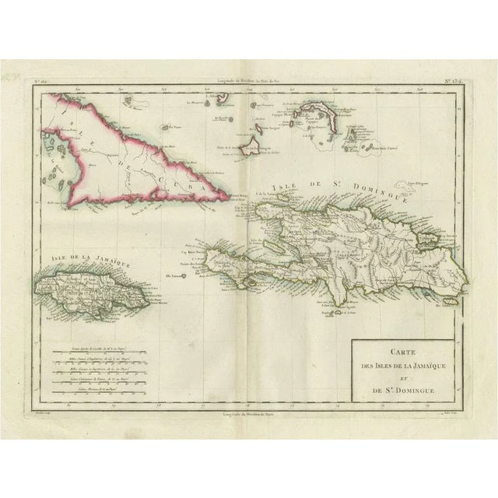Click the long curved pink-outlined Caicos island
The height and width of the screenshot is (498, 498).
319,110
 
